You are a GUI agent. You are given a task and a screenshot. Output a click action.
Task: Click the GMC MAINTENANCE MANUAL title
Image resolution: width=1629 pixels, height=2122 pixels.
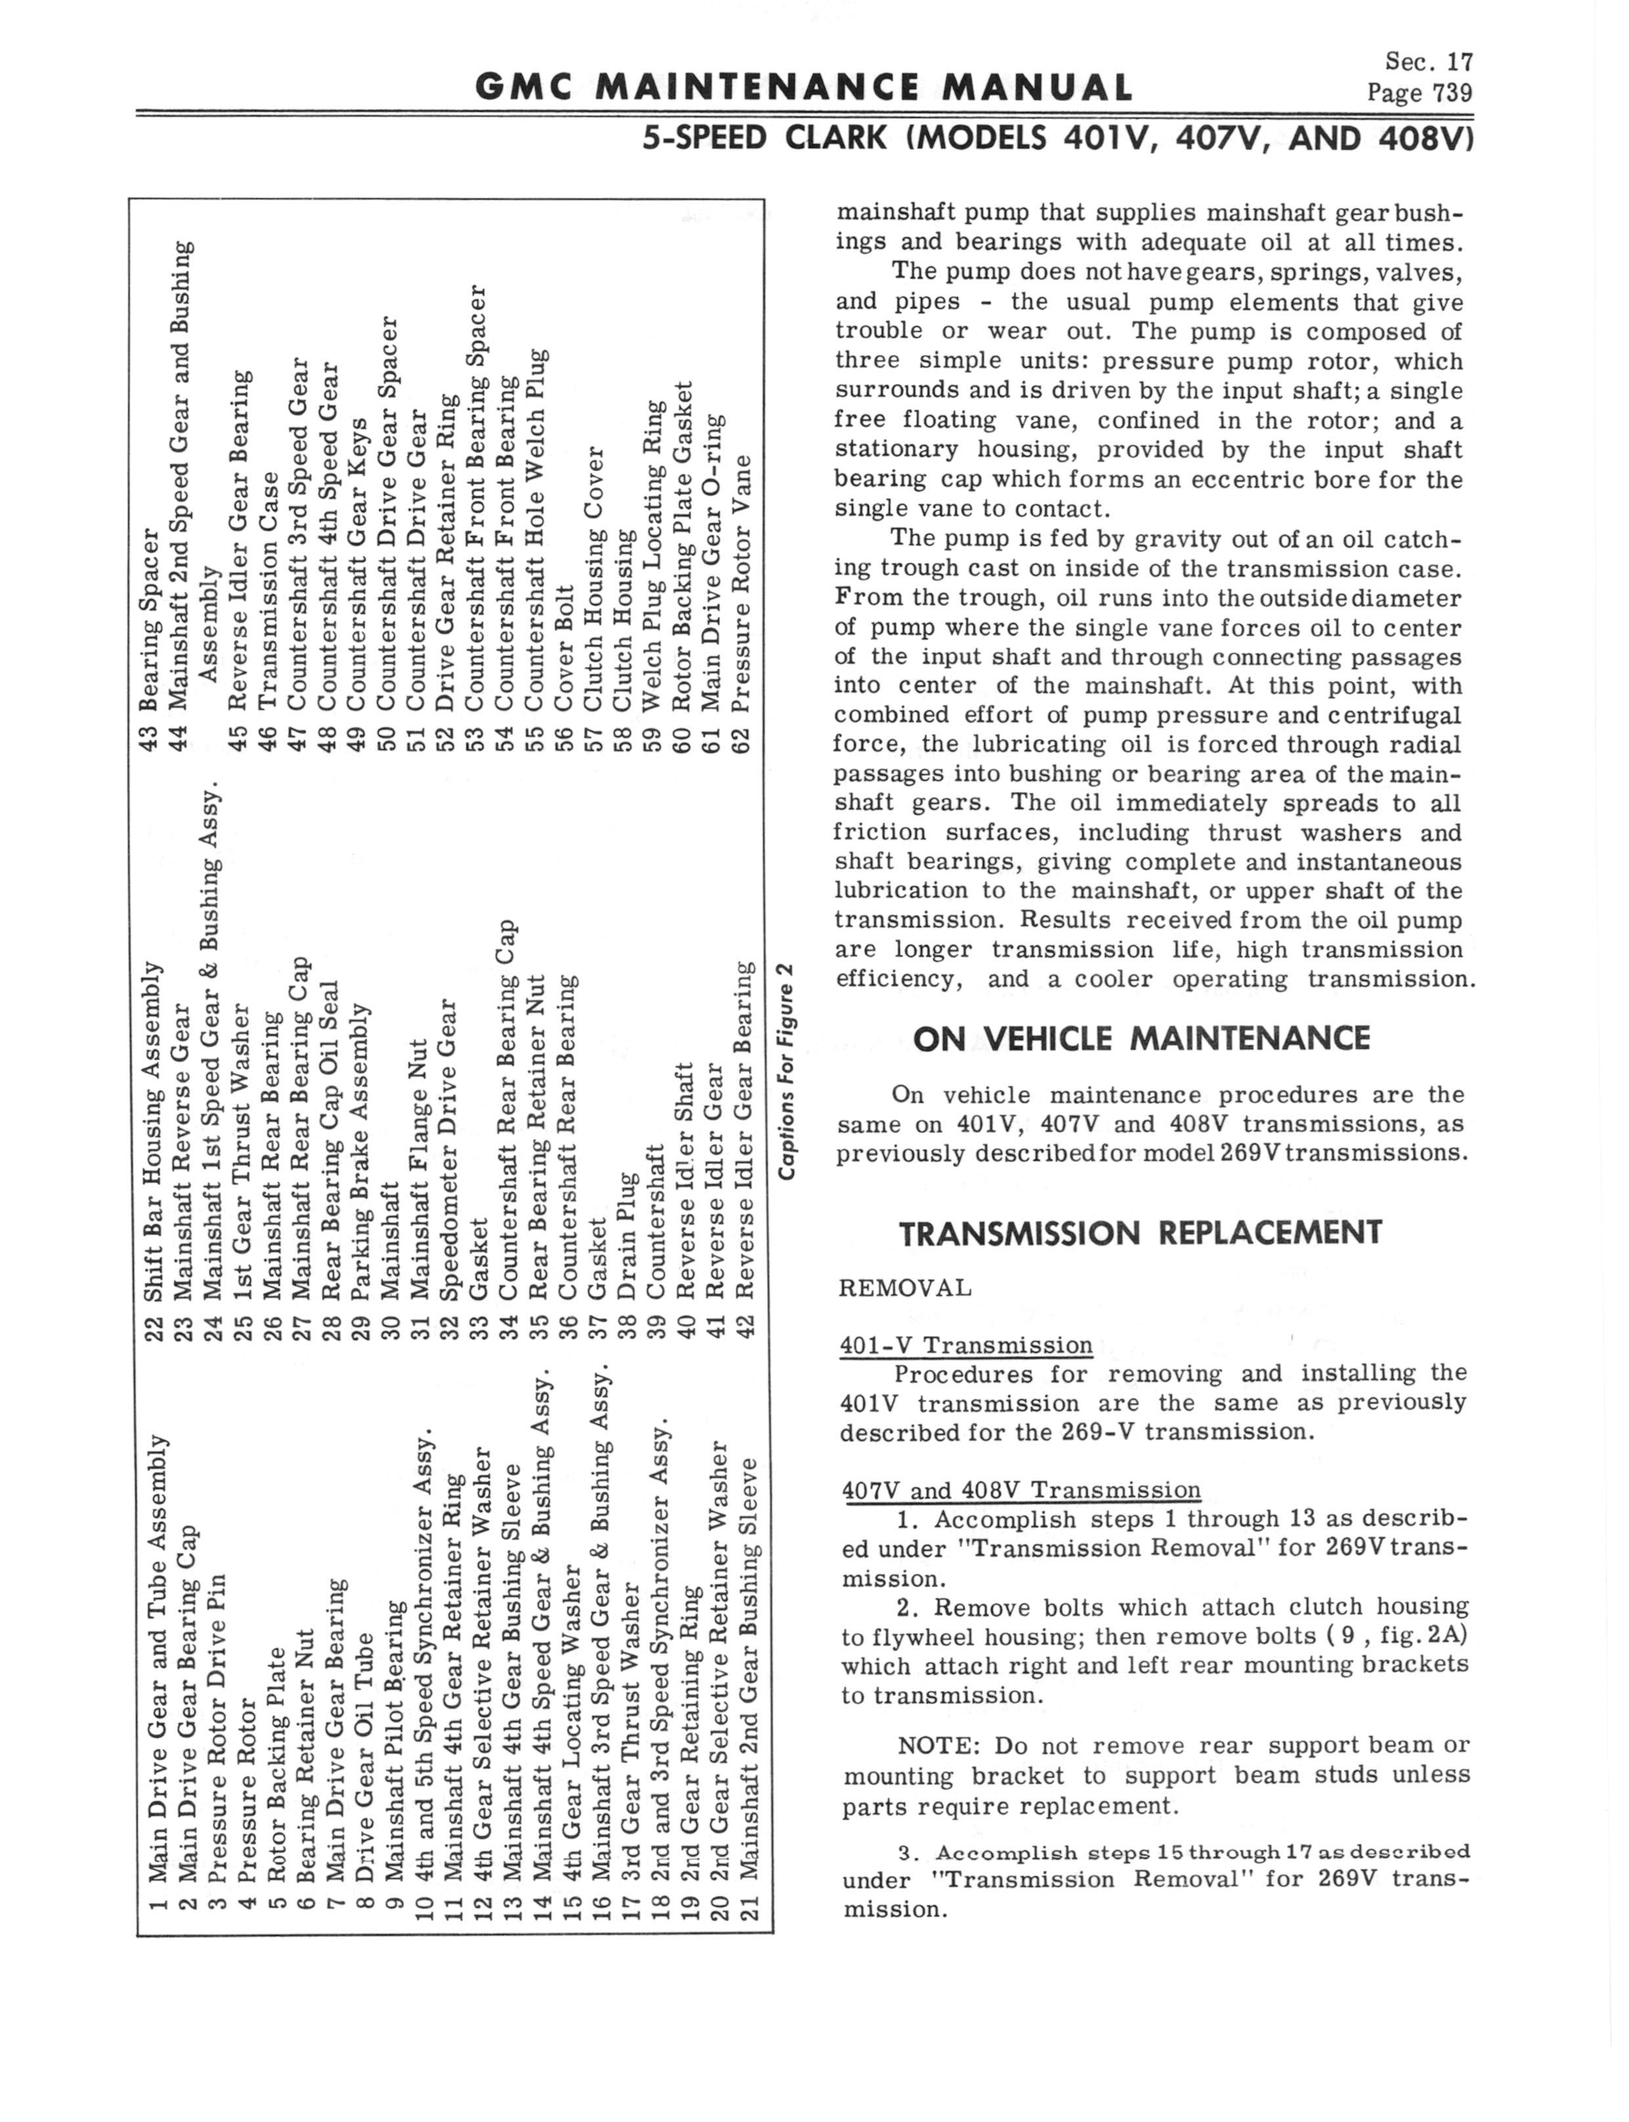(x=803, y=88)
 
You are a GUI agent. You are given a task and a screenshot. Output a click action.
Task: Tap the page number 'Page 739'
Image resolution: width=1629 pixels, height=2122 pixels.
(x=1419, y=93)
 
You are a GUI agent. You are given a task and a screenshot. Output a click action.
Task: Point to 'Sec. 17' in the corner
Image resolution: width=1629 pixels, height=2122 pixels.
(x=1428, y=62)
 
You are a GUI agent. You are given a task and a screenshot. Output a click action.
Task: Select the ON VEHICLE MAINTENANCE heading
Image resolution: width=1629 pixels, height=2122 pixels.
(x=1141, y=1039)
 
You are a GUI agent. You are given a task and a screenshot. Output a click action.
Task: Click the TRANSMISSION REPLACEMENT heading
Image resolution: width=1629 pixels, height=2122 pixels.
(x=1140, y=1233)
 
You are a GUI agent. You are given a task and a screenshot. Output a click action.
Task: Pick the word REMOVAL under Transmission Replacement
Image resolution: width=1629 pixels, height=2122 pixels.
(x=904, y=1288)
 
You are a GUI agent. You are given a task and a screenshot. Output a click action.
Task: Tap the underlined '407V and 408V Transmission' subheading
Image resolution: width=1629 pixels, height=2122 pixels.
(x=1021, y=1490)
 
